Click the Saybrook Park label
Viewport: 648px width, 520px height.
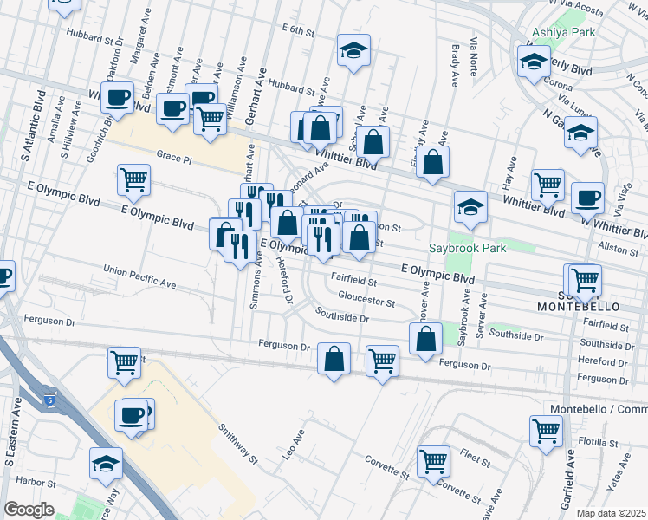pos(475,248)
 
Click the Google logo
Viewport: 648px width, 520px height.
pos(29,510)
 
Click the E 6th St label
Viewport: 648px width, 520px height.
pos(297,29)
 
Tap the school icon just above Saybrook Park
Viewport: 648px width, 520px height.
pos(470,206)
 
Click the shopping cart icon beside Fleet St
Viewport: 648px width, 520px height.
pos(433,460)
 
